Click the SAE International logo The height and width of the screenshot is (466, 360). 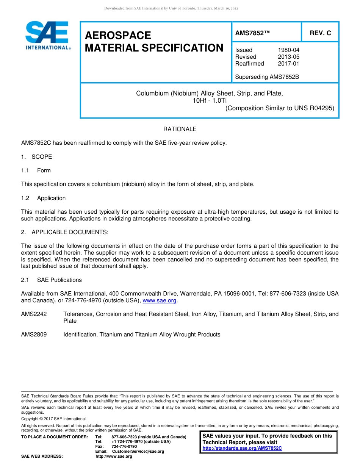(x=47, y=36)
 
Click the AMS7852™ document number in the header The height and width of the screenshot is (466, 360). (x=252, y=33)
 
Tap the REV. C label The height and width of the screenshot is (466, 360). (x=320, y=33)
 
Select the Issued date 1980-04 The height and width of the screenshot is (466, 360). (x=288, y=50)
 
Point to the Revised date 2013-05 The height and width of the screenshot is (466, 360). (x=288, y=57)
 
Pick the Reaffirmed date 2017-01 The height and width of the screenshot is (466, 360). (x=288, y=64)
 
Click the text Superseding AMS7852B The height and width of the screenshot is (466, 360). (x=267, y=77)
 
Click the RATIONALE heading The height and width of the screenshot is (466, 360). (x=180, y=129)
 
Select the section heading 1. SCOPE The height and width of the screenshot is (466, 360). (x=36, y=157)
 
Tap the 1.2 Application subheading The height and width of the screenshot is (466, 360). (x=43, y=198)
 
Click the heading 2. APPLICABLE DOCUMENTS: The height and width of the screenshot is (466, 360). (x=64, y=232)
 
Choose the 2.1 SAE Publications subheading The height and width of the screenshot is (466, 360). (x=51, y=280)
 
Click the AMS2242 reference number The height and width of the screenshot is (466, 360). (x=34, y=314)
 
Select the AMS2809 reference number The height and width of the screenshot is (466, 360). (x=34, y=335)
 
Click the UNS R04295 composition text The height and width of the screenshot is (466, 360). (x=280, y=108)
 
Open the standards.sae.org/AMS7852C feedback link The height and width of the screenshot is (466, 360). (x=242, y=448)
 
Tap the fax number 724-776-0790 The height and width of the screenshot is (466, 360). (x=124, y=447)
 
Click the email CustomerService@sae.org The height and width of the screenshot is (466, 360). (x=138, y=452)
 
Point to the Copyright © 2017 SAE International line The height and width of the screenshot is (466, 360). (x=53, y=419)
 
